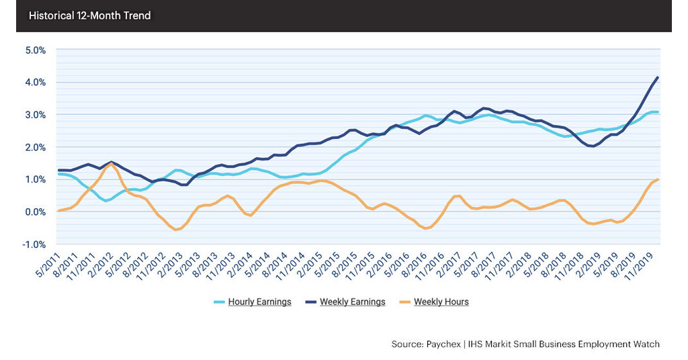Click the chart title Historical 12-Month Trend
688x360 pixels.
[x=89, y=15]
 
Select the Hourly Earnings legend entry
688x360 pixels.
[x=258, y=302]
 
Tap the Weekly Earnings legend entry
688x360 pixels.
[x=352, y=302]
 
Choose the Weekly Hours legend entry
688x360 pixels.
[x=441, y=302]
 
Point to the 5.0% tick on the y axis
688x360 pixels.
[x=34, y=50]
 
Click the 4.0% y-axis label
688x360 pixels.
[x=34, y=83]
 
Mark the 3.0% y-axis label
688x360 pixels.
[x=34, y=115]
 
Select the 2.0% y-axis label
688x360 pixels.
[x=34, y=147]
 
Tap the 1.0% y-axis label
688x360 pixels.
[x=34, y=179]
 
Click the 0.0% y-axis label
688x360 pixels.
[x=34, y=212]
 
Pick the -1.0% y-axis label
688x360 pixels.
[x=33, y=244]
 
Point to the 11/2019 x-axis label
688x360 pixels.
[x=641, y=266]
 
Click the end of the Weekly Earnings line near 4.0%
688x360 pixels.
[x=657, y=77]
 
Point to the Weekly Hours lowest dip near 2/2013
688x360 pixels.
[x=177, y=230]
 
